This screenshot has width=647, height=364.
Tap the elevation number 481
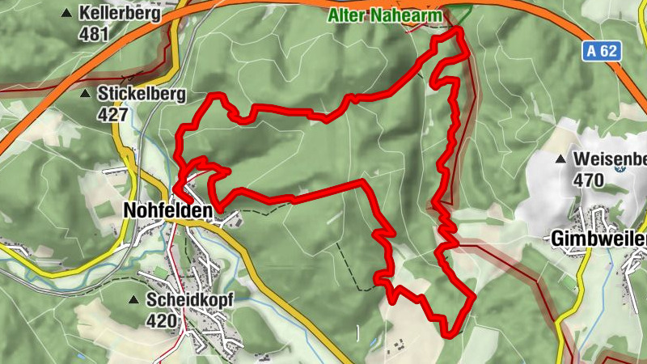click(x=94, y=35)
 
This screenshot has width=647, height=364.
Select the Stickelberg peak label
click(x=142, y=93)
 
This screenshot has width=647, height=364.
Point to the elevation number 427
click(x=112, y=114)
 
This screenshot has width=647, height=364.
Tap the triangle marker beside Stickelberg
click(x=85, y=93)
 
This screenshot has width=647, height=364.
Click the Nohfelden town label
click(x=167, y=210)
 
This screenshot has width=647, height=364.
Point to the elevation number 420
click(x=162, y=320)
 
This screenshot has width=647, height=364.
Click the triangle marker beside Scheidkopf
click(x=133, y=299)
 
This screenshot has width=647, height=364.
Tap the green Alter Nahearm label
click(x=386, y=15)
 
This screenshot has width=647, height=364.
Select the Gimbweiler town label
click(x=599, y=239)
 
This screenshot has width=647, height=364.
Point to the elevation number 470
click(x=588, y=180)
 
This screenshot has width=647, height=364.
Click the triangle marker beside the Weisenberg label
click(x=561, y=159)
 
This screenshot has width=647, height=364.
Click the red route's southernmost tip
click(x=447, y=332)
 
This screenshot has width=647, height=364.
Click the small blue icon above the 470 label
click(x=620, y=168)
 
